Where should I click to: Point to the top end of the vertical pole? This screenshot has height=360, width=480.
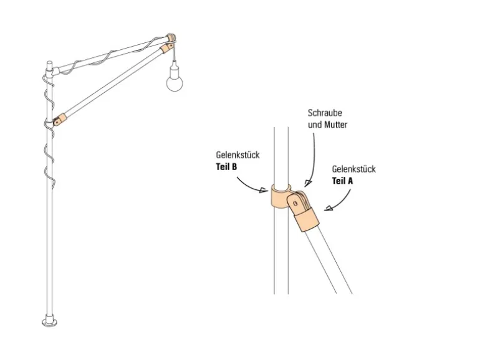49,63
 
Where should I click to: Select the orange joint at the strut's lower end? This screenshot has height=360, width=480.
59,120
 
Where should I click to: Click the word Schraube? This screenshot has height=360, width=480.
325,113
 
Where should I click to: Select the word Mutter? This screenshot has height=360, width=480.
335,125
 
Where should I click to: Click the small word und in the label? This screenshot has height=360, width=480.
315,125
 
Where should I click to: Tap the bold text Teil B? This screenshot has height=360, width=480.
227,166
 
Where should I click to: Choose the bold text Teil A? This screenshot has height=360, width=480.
343,181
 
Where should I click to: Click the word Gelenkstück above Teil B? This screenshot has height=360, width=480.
238,155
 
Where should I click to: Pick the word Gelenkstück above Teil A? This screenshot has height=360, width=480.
353,169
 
